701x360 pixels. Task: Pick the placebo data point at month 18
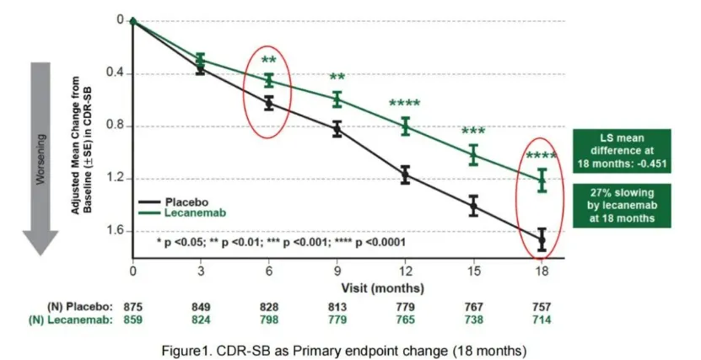542,240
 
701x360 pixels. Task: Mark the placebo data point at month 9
337,129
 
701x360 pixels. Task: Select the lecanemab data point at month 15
473,154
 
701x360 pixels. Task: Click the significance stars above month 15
473,132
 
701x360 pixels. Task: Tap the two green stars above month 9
337,78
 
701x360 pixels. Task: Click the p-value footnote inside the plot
281,242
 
